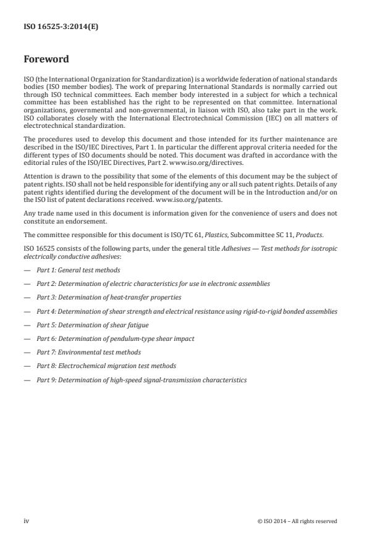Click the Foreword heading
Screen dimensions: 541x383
(46, 60)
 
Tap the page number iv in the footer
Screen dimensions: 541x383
(27, 521)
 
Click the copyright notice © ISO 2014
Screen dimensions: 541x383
(297, 521)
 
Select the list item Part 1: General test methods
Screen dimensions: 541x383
(78, 270)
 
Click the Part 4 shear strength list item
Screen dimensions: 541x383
(187, 311)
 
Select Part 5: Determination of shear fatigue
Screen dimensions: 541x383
(92, 325)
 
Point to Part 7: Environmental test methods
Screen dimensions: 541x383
(88, 352)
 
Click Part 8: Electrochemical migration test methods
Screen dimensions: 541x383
(106, 366)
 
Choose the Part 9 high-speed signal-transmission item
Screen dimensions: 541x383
(141, 380)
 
